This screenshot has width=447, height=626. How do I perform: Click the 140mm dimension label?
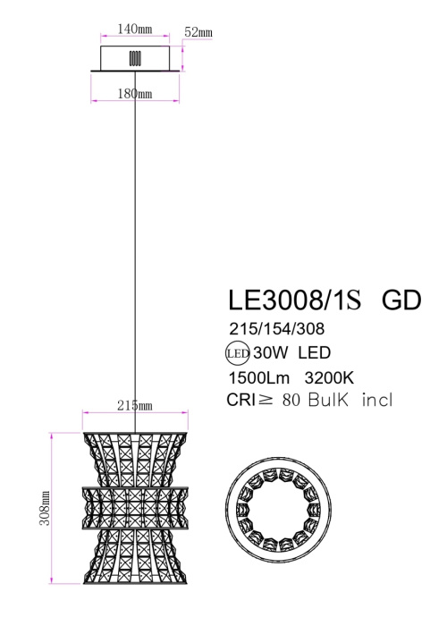point(137,29)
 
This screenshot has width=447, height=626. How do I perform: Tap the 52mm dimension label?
point(198,34)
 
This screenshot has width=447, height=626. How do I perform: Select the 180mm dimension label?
point(137,93)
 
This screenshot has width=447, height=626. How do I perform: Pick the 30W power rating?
point(269,352)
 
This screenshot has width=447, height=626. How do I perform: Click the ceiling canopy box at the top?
point(136,59)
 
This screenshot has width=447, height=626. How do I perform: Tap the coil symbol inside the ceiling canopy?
point(136,58)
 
